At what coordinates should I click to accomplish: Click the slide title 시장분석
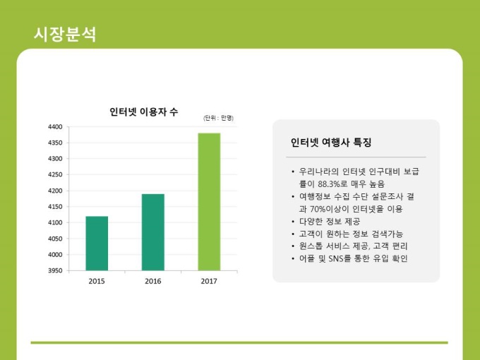point(65,34)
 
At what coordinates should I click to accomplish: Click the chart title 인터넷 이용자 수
point(143,112)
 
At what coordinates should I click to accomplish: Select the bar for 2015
point(97,243)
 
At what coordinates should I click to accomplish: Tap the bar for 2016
point(152,232)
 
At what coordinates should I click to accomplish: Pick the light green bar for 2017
point(209,201)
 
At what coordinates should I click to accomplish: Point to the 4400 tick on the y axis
point(55,127)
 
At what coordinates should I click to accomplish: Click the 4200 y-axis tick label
point(55,191)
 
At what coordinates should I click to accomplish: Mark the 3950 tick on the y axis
point(55,270)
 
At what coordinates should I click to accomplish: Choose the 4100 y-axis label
point(55,222)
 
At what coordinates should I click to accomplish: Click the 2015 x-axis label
point(97,282)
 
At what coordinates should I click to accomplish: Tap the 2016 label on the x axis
point(152,282)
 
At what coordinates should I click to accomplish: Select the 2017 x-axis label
point(209,282)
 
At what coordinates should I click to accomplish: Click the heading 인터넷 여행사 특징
point(331,142)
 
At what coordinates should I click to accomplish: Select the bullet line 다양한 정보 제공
point(334,221)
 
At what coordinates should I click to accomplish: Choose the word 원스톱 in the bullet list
point(310,246)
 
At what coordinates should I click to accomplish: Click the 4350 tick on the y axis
point(55,143)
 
